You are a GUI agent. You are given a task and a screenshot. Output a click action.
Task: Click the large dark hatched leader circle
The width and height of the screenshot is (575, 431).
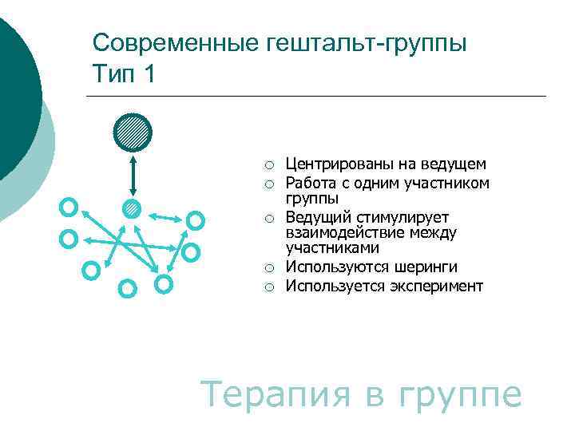pyautogui.click(x=132, y=132)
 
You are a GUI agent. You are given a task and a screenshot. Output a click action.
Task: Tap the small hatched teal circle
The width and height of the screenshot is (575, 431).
pyautogui.click(x=132, y=209)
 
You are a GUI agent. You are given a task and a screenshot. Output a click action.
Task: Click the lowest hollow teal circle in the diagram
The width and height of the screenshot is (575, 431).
pyautogui.click(x=126, y=288)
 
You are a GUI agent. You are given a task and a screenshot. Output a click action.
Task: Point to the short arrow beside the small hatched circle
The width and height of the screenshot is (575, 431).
pyautogui.click(x=166, y=216)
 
